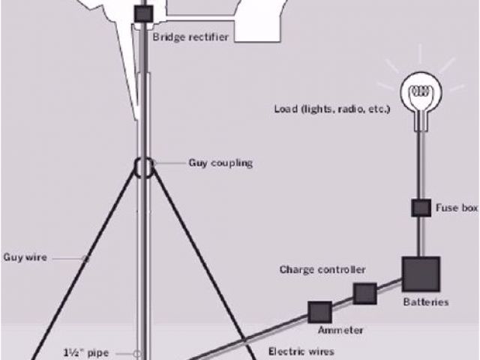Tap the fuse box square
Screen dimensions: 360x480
pyautogui.click(x=420, y=208)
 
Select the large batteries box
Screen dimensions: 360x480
pyautogui.click(x=420, y=274)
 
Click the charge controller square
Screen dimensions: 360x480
pyautogui.click(x=365, y=293)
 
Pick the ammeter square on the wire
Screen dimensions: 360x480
pyautogui.click(x=319, y=312)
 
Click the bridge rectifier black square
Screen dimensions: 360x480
pyautogui.click(x=143, y=13)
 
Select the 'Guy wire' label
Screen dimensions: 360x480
pyautogui.click(x=25, y=257)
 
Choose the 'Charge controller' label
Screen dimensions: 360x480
pyautogui.click(x=322, y=269)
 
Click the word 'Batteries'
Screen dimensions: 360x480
pyautogui.click(x=426, y=302)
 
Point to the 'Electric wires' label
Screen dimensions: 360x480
pyautogui.click(x=301, y=350)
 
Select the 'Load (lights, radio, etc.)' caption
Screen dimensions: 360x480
pyautogui.click(x=331, y=109)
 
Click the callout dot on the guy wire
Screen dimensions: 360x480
pyautogui.click(x=85, y=258)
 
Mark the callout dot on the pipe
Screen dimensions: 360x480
pyautogui.click(x=137, y=352)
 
